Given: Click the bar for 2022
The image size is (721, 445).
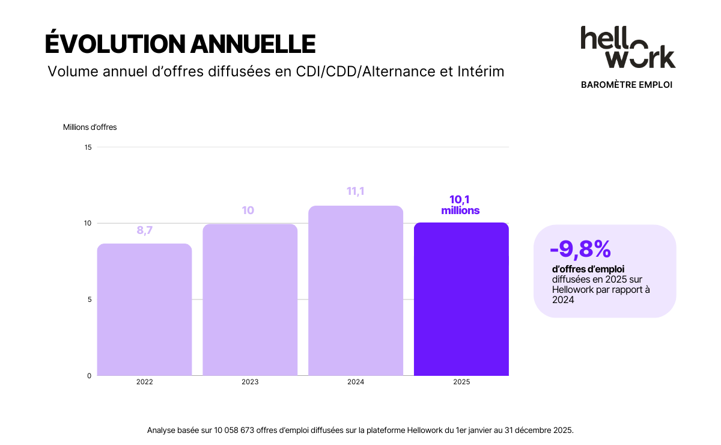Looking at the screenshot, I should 144,310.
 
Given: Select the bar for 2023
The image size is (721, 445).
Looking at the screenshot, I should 250,300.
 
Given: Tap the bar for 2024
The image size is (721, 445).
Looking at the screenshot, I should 356,291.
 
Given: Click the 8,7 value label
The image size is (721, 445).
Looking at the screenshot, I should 145,230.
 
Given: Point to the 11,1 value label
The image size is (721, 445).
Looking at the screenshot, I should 356,192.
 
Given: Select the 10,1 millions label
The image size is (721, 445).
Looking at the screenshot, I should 460,205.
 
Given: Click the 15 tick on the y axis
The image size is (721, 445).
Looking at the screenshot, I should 88,147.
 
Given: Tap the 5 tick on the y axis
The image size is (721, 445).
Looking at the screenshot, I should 89,299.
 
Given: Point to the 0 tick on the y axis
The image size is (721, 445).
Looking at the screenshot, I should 89,376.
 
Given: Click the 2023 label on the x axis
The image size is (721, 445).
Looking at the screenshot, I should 250,382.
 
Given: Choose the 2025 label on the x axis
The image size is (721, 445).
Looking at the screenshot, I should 461,382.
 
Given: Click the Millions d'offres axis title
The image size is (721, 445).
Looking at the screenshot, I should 90,127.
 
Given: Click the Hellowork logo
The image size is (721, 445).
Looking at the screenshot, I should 627,48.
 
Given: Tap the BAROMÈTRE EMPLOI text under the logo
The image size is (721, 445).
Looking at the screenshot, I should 627,85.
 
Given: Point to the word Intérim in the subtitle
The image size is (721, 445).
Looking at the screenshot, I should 479,72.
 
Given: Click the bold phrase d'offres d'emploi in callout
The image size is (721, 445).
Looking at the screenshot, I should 588,269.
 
